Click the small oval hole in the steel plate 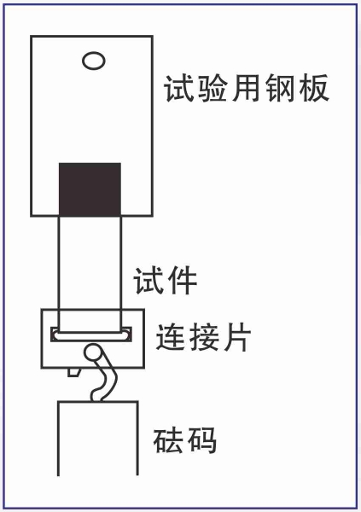pyautogui.click(x=94, y=61)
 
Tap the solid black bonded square pyautogui.click(x=90, y=189)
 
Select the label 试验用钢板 pyautogui.click(x=247, y=89)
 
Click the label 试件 pyautogui.click(x=165, y=281)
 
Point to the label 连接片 pyautogui.click(x=203, y=337)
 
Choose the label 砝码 pyautogui.click(x=185, y=440)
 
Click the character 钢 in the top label pyautogui.click(x=279, y=89)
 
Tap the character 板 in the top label pyautogui.click(x=313, y=89)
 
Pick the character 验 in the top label pyautogui.click(x=213, y=89)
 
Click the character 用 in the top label pyautogui.click(x=246, y=89)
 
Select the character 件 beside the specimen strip pyautogui.click(x=182, y=281)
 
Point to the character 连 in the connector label pyautogui.click(x=170, y=337)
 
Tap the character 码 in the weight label pyautogui.click(x=202, y=440)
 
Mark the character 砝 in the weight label pyautogui.click(x=168, y=440)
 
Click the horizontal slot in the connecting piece pyautogui.click(x=91, y=335)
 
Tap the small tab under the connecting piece pyautogui.click(x=73, y=372)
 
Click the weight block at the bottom pyautogui.click(x=98, y=439)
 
